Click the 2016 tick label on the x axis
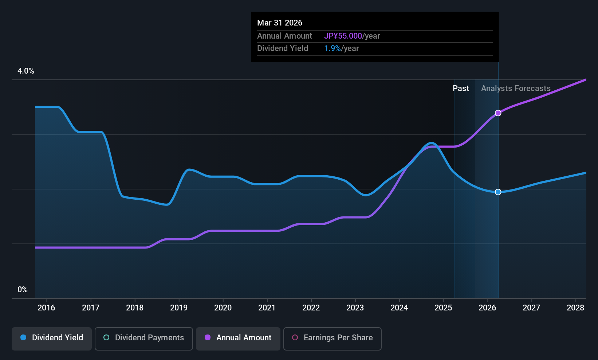(46, 308)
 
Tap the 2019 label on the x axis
(179, 308)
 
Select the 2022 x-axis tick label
(311, 308)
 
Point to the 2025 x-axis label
(443, 308)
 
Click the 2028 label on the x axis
(575, 308)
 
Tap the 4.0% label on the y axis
(26, 71)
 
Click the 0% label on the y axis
(23, 290)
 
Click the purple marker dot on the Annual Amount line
(498, 113)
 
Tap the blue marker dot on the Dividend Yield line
(498, 192)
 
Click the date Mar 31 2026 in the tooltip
(280, 23)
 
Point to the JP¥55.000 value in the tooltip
(343, 36)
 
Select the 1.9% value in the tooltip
(333, 48)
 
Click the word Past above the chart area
(461, 89)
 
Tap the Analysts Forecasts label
(516, 89)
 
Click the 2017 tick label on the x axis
(91, 308)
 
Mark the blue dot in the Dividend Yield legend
(23, 338)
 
